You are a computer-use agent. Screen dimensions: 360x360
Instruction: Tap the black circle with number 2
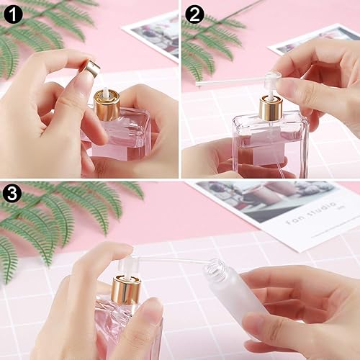tap(195, 14)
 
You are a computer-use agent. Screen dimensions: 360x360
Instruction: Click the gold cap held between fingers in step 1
tap(91, 68)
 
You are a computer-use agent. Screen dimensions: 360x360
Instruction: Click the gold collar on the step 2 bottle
tap(271, 109)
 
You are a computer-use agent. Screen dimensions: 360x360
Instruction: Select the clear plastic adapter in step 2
tap(271, 82)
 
